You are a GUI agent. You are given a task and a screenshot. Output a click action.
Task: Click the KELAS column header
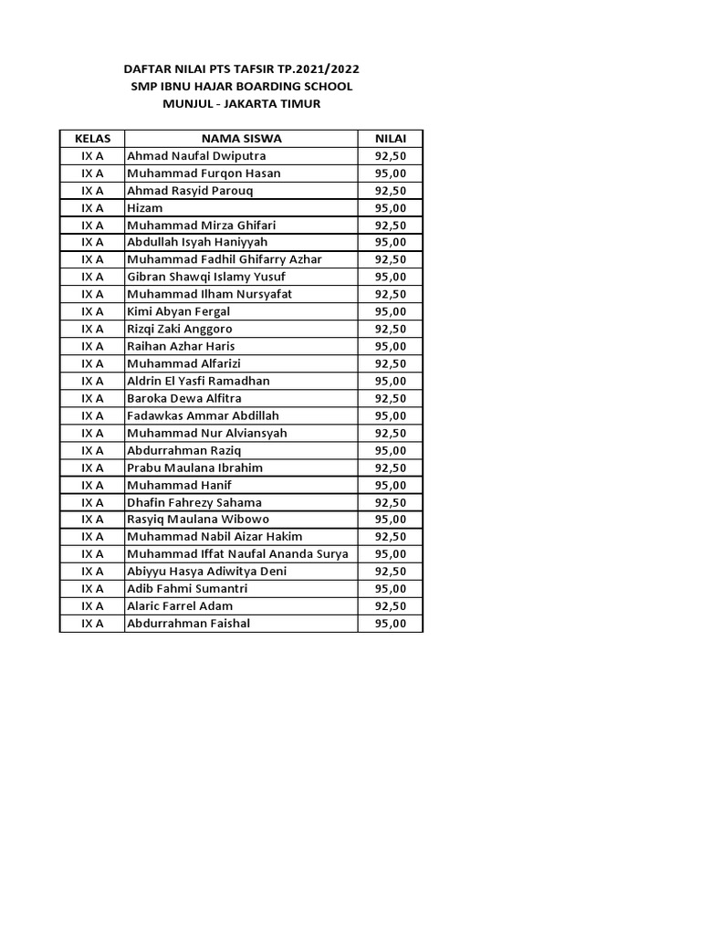pos(92,139)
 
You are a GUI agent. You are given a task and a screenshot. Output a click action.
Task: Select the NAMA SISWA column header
pos(242,139)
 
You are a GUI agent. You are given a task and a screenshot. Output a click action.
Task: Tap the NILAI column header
pos(391,139)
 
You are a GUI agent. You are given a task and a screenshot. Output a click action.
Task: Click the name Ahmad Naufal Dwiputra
pos(196,156)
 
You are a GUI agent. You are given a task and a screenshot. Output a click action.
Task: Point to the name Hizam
pos(145,208)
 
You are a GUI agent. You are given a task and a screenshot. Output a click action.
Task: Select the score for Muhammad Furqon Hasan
pos(391,173)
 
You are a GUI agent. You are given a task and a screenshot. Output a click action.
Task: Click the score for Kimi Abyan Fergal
pos(391,311)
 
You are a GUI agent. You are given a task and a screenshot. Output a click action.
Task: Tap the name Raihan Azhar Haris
pos(182,346)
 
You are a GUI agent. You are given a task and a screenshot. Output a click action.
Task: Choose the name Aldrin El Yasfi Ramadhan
pos(199,381)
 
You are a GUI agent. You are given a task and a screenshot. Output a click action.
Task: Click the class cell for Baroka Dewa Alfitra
pos(92,398)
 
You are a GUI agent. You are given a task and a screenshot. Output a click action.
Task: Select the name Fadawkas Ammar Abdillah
pos(203,415)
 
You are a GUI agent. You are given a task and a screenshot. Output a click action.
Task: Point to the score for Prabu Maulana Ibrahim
pos(391,467)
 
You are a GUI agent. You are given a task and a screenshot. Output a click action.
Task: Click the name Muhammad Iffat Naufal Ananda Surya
pos(238,553)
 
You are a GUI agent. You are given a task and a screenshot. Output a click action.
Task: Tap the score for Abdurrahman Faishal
pos(391,623)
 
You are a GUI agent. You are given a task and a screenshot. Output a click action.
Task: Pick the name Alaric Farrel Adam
pos(180,605)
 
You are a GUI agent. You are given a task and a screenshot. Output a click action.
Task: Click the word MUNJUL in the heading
pos(186,103)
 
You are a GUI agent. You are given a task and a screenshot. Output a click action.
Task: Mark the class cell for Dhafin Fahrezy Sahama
pos(92,502)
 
